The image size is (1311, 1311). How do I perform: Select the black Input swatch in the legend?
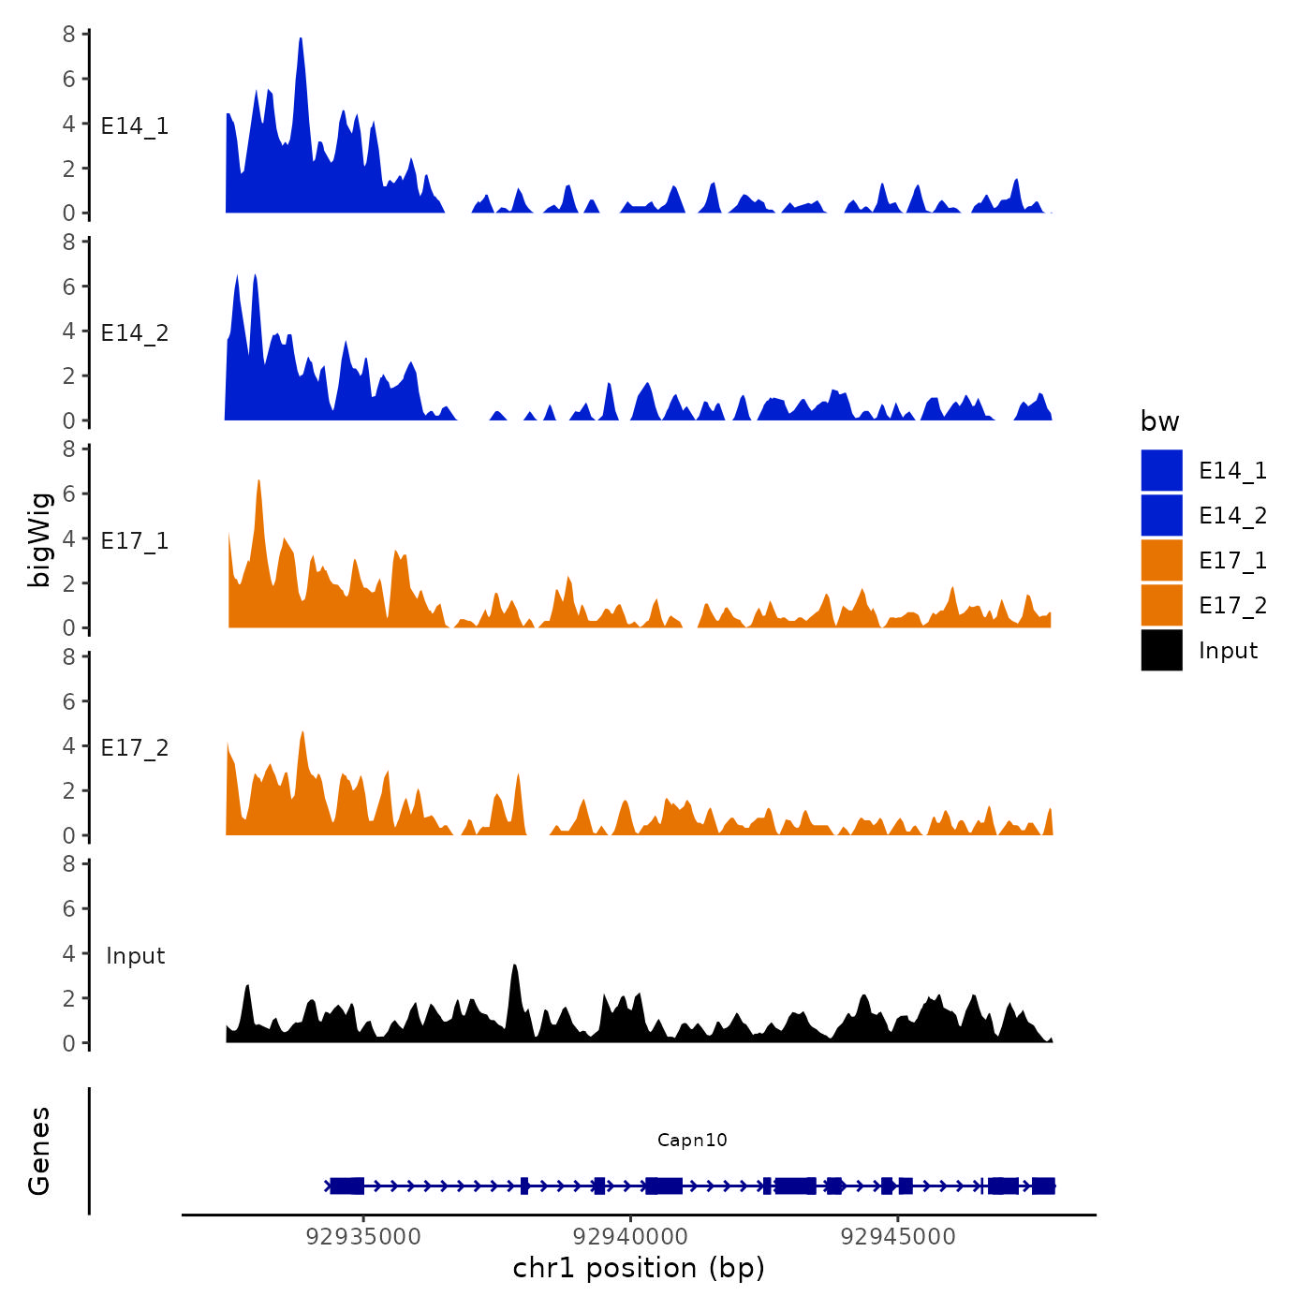tap(1161, 650)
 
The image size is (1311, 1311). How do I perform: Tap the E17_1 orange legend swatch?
tap(1161, 560)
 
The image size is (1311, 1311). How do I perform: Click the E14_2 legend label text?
tap(1232, 515)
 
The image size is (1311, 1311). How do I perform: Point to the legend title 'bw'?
tap(1159, 421)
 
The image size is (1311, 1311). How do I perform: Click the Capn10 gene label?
tap(692, 1140)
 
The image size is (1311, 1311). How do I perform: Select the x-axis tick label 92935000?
tap(363, 1236)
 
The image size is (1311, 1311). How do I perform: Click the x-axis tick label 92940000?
tap(630, 1236)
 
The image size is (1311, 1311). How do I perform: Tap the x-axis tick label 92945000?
tap(898, 1236)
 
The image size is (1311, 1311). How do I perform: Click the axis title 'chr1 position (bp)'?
tap(639, 1268)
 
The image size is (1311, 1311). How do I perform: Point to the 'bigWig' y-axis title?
tap(39, 539)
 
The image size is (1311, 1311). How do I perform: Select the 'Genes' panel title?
tap(39, 1151)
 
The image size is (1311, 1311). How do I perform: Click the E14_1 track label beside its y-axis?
tap(135, 126)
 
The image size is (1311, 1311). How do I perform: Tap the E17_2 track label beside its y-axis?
tap(135, 747)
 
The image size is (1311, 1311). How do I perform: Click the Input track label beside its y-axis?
tap(135, 955)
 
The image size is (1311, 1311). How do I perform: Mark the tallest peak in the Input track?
tap(514, 966)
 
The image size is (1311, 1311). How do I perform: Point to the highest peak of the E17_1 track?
tap(258, 482)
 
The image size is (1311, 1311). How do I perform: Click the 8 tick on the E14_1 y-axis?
tap(69, 35)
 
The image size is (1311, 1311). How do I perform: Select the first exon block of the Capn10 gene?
tap(346, 1186)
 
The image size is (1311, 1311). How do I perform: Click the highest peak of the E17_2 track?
tap(302, 733)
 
